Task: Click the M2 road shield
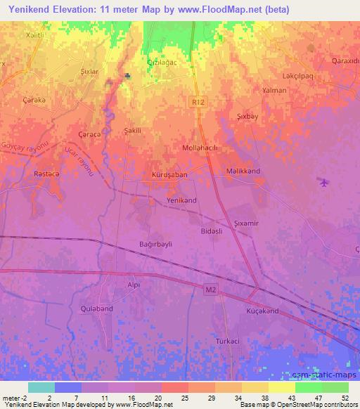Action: coord(212,290)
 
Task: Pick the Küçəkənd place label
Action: coord(263,311)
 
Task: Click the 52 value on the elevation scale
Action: coord(345,398)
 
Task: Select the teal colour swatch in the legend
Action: coord(41,387)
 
